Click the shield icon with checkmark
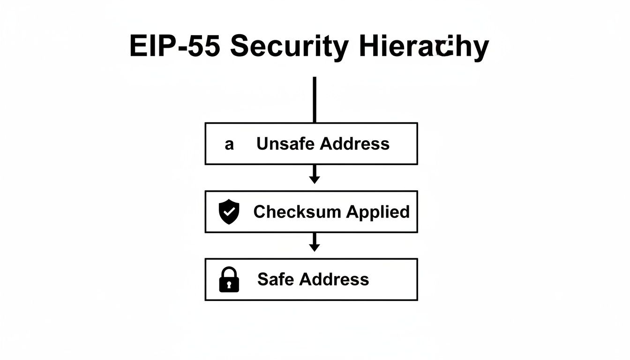point(229,212)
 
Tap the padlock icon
point(229,280)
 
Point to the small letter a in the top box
point(229,144)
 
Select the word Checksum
point(297,212)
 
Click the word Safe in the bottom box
point(276,280)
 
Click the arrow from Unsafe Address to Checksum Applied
point(315,175)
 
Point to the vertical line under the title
point(315,99)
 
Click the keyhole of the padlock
point(229,285)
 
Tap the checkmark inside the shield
point(229,211)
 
